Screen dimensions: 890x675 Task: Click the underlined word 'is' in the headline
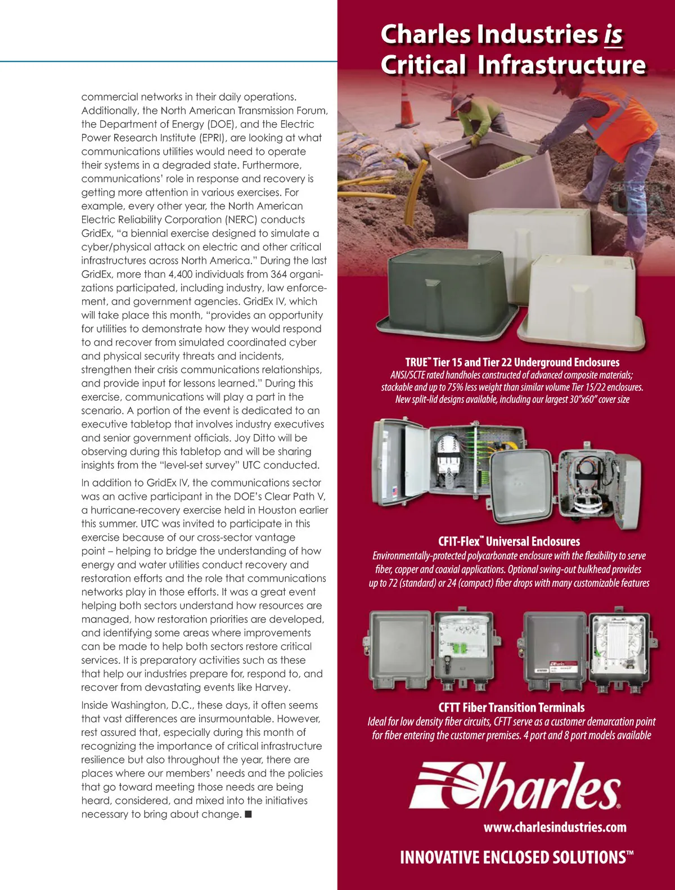(613, 35)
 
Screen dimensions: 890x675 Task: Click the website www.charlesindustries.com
(555, 827)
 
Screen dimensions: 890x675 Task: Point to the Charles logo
(515, 785)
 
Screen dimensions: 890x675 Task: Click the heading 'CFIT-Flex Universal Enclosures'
(508, 542)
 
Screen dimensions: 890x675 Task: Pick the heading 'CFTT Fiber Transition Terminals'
(511, 708)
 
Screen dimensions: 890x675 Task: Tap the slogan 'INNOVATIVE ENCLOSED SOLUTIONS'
(516, 857)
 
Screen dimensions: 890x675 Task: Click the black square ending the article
(248, 814)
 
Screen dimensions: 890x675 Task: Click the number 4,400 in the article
(182, 275)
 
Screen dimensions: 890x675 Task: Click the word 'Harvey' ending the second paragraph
(272, 687)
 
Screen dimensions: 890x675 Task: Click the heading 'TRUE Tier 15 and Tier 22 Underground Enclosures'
(512, 362)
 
